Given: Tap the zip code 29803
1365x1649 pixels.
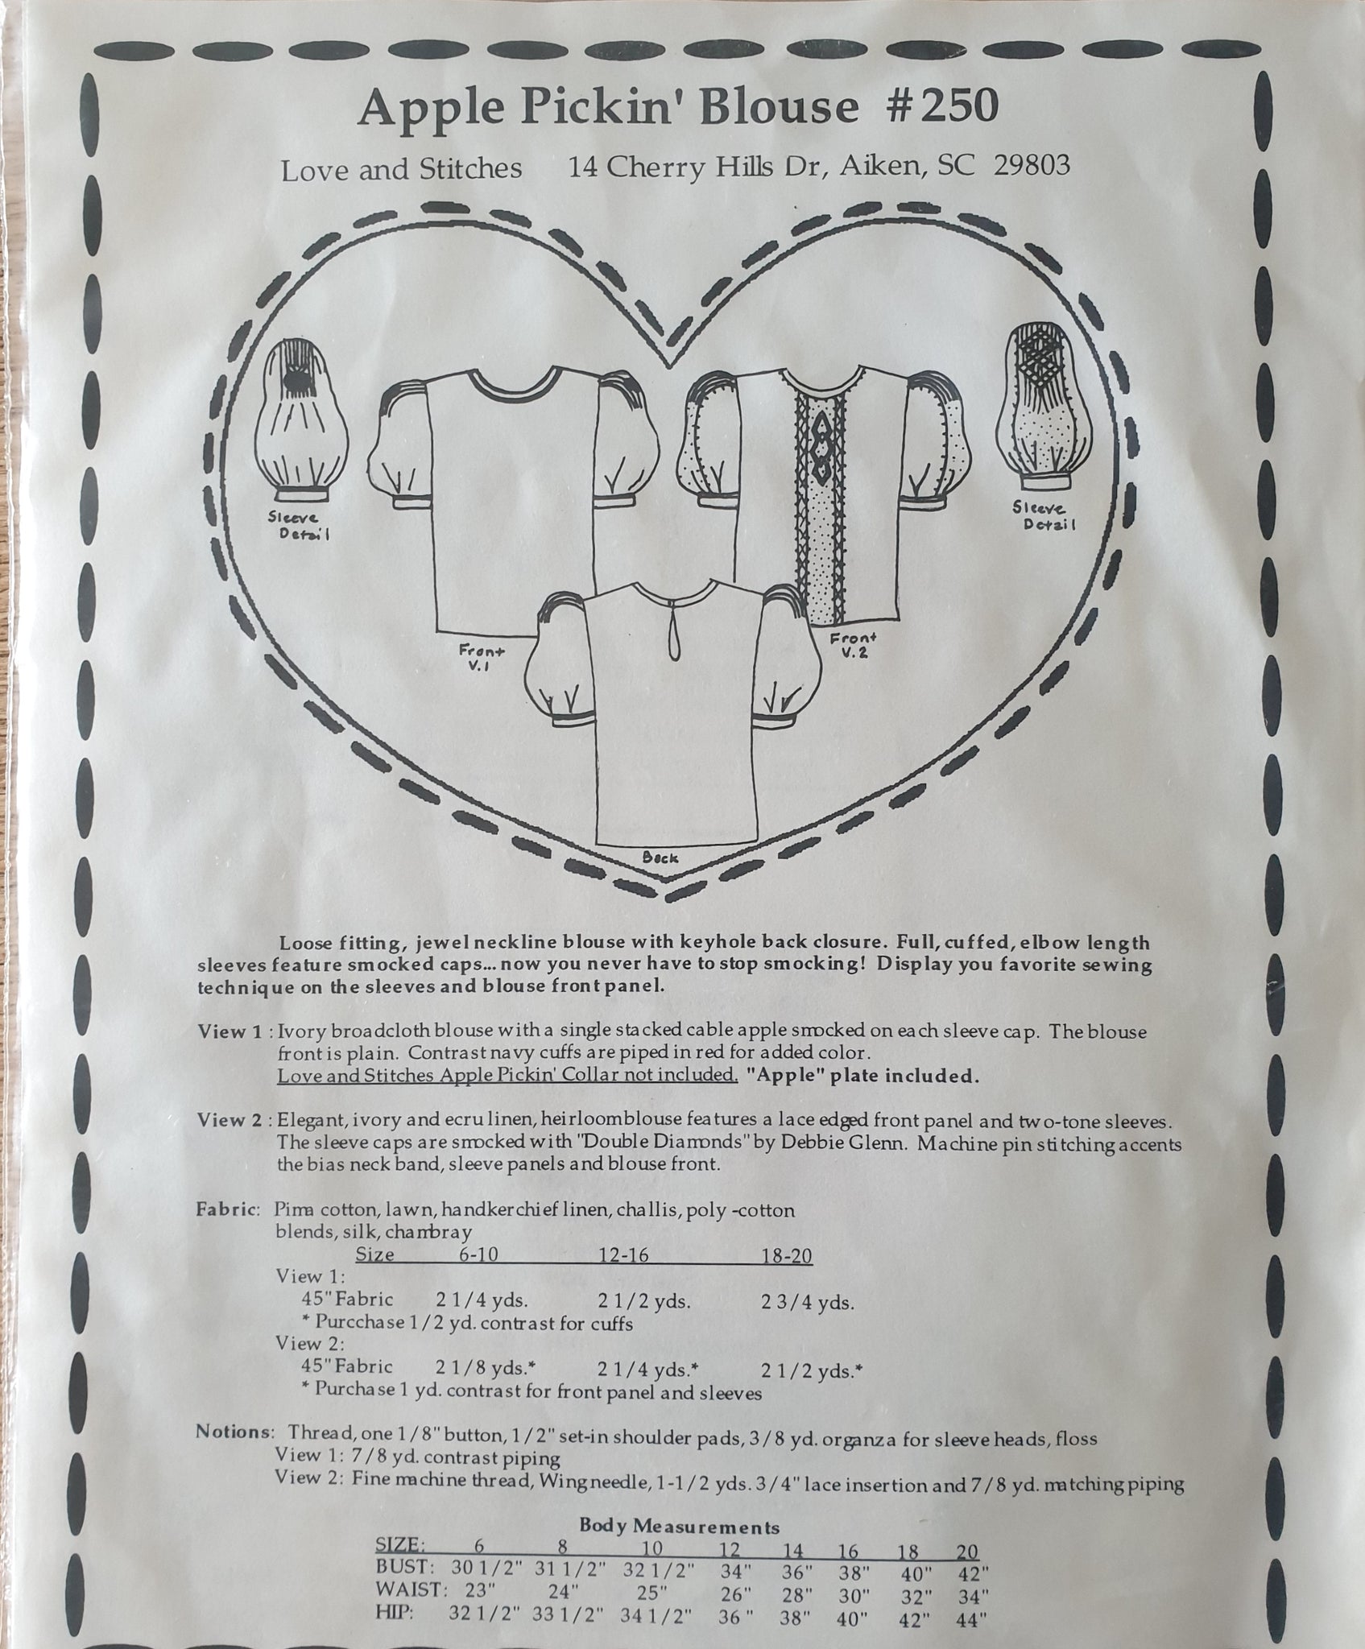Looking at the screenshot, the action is point(1032,166).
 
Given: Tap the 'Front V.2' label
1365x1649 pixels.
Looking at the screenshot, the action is point(857,645).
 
